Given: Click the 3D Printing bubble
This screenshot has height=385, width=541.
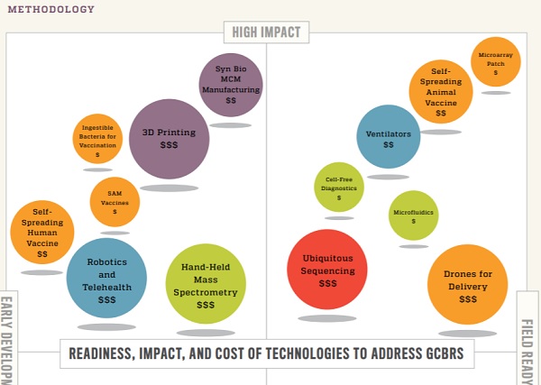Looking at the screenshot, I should pyautogui.click(x=170, y=138).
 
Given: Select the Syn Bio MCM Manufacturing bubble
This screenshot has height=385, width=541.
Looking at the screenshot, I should pyautogui.click(x=231, y=85).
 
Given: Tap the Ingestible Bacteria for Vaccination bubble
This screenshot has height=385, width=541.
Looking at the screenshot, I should pyautogui.click(x=97, y=139).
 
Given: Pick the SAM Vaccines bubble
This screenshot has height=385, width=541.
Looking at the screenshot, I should pyautogui.click(x=115, y=203).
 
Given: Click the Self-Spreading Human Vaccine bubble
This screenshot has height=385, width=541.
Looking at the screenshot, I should pyautogui.click(x=42, y=232).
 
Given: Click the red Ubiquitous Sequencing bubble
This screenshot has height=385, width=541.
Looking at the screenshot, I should pyautogui.click(x=327, y=269).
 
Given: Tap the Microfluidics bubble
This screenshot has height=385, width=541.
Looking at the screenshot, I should pyautogui.click(x=414, y=215).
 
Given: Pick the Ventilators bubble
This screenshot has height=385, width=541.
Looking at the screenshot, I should pyautogui.click(x=389, y=137).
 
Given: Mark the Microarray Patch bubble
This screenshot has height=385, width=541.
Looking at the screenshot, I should pyautogui.click(x=495, y=61).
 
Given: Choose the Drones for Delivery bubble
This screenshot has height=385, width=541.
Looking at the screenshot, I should pyautogui.click(x=467, y=283).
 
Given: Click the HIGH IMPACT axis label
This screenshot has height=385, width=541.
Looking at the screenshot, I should pyautogui.click(x=267, y=32).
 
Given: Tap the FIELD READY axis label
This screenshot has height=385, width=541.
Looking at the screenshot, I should pyautogui.click(x=528, y=351).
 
